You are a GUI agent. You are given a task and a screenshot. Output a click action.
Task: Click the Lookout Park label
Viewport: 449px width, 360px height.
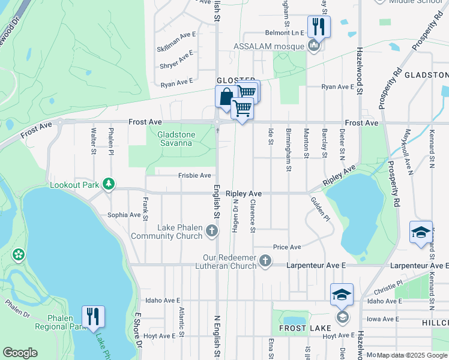[74, 185]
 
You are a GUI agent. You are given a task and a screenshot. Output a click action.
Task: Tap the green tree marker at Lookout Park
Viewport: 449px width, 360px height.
[109, 184]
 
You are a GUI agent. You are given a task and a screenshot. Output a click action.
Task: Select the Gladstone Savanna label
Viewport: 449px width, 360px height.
[175, 139]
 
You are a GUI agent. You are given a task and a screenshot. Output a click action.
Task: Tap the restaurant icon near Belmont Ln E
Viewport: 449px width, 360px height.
[318, 26]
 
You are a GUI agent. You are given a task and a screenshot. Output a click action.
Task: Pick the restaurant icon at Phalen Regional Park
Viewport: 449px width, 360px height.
[93, 316]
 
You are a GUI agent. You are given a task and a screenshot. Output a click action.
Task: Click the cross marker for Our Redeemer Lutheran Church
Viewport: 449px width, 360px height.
[265, 261]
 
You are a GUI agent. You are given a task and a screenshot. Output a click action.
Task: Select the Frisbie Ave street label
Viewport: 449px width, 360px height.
[194, 175]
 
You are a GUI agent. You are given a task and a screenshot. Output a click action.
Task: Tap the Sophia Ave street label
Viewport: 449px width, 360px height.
[124, 214]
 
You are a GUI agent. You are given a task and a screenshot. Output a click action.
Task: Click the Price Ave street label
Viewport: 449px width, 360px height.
[287, 247]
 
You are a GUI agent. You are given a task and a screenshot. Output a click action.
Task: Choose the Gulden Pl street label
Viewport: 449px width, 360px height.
[321, 209]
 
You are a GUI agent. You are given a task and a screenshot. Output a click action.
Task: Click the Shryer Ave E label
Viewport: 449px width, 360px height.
[176, 61]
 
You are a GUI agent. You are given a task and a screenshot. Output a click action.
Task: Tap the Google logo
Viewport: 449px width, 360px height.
[20, 353]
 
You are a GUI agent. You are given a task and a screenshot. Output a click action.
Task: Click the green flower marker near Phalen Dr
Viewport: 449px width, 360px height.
[19, 254]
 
